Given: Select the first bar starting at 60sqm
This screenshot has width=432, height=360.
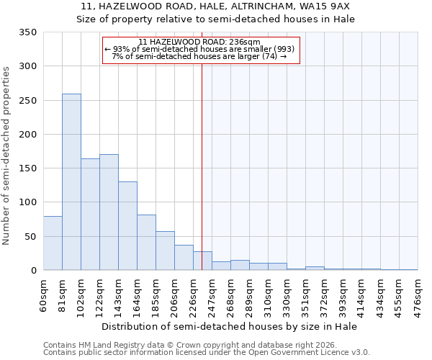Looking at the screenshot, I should click(x=53, y=243).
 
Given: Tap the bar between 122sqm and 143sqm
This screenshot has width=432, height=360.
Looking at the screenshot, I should click(x=109, y=212).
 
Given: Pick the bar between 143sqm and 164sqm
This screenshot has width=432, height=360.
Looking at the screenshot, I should click(x=127, y=226).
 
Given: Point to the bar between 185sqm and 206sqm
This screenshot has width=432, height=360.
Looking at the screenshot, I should click(x=165, y=251).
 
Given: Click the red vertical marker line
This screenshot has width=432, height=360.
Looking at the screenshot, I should click(x=202, y=166).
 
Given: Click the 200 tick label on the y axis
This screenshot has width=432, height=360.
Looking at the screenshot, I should click(x=27, y=135).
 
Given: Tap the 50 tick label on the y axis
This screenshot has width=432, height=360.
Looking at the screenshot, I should click(x=30, y=237).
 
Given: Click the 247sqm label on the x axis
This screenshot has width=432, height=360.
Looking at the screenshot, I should click(x=212, y=294).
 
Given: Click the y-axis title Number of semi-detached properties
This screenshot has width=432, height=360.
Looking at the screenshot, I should click(x=6, y=155).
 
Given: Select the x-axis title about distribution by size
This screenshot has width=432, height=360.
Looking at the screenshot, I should click(x=230, y=326).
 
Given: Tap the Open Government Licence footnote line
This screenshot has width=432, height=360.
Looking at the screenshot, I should click(x=207, y=352).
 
